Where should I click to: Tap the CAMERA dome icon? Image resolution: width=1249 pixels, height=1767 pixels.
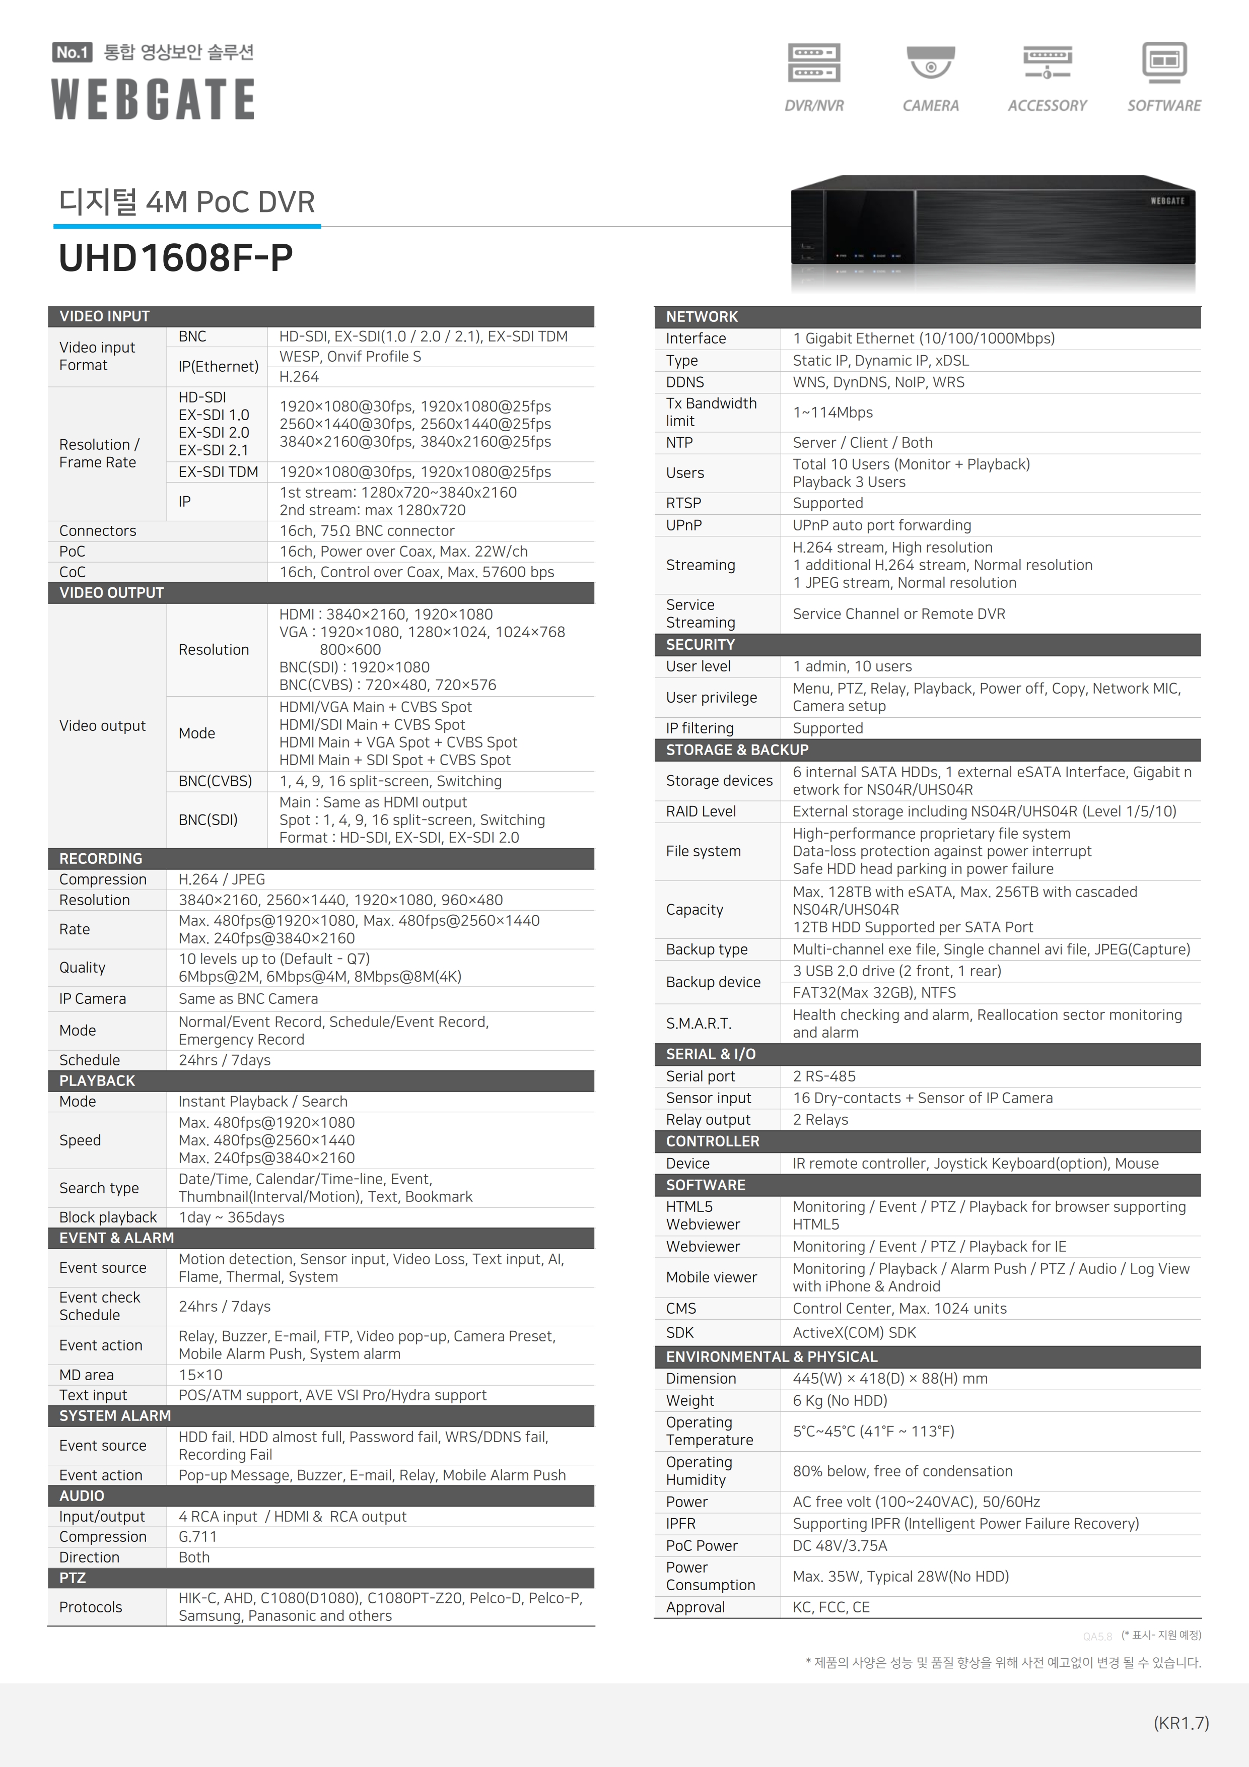(x=930, y=63)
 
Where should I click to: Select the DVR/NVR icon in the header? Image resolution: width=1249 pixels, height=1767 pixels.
(x=813, y=63)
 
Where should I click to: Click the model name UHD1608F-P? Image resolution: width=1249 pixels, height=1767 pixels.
(x=175, y=258)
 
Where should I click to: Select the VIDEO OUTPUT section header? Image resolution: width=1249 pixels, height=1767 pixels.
(x=112, y=592)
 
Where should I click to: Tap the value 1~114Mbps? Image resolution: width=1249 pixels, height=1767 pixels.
(x=832, y=413)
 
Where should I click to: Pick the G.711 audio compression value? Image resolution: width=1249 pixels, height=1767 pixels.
(x=198, y=1536)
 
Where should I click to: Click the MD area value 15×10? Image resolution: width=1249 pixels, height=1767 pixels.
(x=201, y=1375)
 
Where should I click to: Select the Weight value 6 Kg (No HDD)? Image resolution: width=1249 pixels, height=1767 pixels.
(x=840, y=1401)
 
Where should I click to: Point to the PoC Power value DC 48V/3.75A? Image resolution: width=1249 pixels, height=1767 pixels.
(x=840, y=1545)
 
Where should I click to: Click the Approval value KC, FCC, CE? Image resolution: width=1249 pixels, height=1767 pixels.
(x=831, y=1607)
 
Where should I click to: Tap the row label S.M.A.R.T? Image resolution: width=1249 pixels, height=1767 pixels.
(x=699, y=1024)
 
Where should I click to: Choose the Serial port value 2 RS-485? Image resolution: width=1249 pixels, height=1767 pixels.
(x=824, y=1076)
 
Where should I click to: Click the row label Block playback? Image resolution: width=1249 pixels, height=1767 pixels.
(x=108, y=1217)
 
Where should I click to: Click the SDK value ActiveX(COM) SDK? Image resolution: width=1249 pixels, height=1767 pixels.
(x=854, y=1332)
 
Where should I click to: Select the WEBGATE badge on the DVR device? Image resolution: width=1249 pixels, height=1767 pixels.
(x=1167, y=201)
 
